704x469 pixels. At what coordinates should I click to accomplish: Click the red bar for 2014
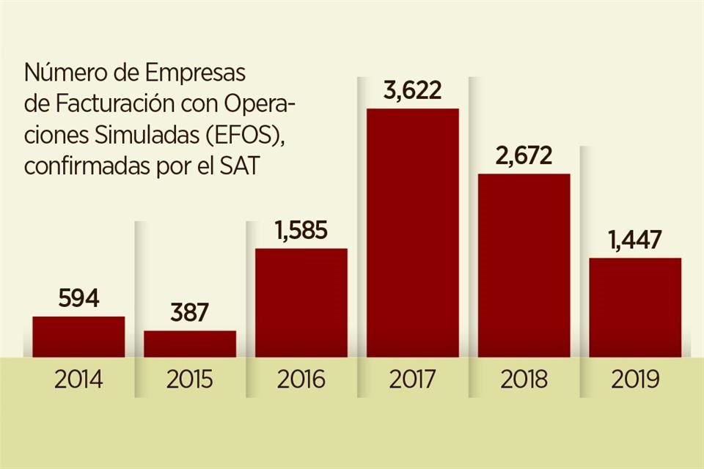coord(78,337)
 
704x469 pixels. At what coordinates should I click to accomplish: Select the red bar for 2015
coord(190,344)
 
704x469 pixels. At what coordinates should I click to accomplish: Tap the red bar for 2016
coord(301,303)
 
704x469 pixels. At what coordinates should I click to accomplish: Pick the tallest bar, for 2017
coord(413,233)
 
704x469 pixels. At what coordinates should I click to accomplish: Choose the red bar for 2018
coord(524,265)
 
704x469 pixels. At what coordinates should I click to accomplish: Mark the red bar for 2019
coord(635,308)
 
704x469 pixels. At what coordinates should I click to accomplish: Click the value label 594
coord(78,300)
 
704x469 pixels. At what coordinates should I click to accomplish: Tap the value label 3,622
coord(413,92)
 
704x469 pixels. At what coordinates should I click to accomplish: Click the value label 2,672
coord(524,157)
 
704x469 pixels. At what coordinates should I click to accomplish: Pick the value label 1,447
coord(635,240)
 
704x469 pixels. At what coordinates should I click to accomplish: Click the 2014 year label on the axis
coord(78,380)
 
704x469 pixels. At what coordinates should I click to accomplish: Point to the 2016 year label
coord(301,380)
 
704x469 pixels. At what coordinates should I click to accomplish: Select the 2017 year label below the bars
coord(413,380)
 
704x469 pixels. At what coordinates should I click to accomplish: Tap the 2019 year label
coord(635,380)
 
